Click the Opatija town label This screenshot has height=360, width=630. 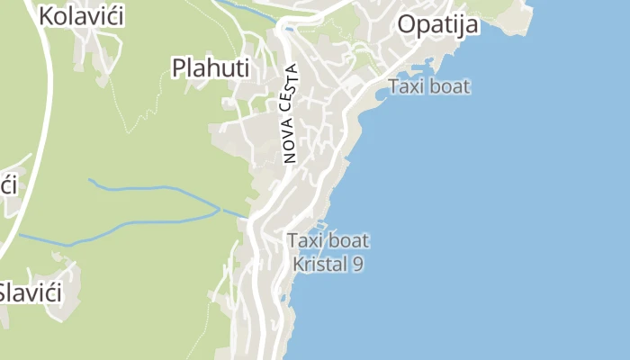437,24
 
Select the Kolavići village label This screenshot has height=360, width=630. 81,15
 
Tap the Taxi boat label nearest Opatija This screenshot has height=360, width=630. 428,87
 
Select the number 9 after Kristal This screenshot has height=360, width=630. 358,265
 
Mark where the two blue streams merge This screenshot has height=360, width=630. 219,209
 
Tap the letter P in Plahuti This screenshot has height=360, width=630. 179,68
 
